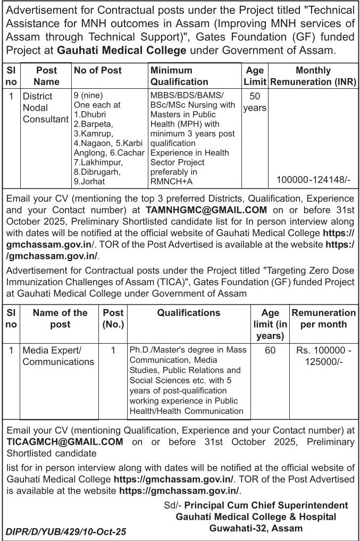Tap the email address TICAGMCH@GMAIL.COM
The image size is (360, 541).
click(x=65, y=442)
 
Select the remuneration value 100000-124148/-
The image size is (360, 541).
click(x=314, y=180)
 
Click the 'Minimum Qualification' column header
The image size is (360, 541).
click(x=179, y=76)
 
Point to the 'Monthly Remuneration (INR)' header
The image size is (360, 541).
click(x=313, y=76)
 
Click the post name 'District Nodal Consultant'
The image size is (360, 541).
click(x=45, y=108)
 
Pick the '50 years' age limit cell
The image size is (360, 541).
click(x=255, y=102)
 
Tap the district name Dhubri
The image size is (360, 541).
click(x=93, y=114)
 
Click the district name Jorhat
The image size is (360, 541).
click(x=91, y=181)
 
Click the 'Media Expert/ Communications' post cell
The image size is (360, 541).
click(x=58, y=356)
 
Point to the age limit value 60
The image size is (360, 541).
click(x=270, y=351)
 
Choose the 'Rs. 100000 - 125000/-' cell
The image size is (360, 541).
click(x=323, y=356)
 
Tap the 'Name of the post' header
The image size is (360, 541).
click(x=60, y=319)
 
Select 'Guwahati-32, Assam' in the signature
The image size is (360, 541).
click(x=256, y=528)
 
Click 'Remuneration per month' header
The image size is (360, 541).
click(x=323, y=319)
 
